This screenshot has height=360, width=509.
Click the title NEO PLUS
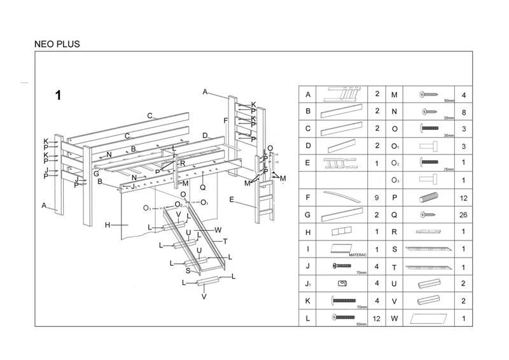57,45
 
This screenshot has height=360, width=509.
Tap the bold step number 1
58,96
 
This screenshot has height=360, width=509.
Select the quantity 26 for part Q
463,215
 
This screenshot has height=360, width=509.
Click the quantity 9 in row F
377,198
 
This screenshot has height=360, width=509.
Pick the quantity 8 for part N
463,112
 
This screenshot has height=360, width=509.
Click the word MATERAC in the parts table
358,254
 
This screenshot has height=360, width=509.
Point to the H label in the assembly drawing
108,225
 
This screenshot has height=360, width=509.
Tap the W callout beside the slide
218,230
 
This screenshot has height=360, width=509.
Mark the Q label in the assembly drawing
202,187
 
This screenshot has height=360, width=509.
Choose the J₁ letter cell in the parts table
308,284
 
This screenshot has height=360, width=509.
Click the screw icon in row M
429,95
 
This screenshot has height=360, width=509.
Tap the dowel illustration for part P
429,198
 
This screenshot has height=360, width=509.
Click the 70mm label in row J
362,272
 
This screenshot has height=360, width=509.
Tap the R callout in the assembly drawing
183,163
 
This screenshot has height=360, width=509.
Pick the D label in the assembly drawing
205,135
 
